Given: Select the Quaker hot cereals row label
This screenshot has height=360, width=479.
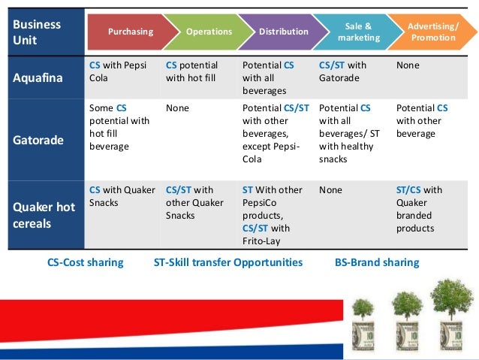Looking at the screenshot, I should point(44,214).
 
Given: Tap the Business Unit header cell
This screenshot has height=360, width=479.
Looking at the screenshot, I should point(37,32).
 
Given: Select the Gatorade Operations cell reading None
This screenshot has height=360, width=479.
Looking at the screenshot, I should point(178,108).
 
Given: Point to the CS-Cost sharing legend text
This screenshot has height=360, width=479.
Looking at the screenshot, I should point(86,262).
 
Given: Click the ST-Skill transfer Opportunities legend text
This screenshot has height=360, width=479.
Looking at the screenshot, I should point(228,262).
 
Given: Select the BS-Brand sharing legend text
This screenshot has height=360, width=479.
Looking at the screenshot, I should point(377,262).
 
